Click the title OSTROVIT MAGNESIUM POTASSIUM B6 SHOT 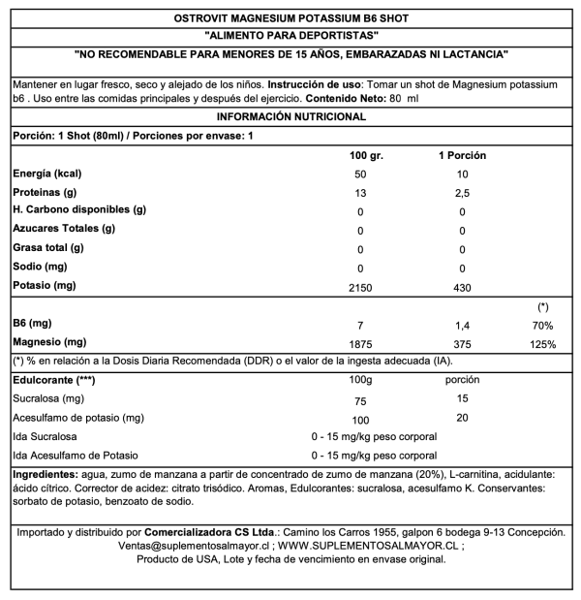290,16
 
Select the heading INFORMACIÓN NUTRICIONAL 290,116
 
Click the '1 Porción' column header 462,155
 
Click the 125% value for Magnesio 542,344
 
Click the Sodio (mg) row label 42,266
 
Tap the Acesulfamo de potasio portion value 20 462,418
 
